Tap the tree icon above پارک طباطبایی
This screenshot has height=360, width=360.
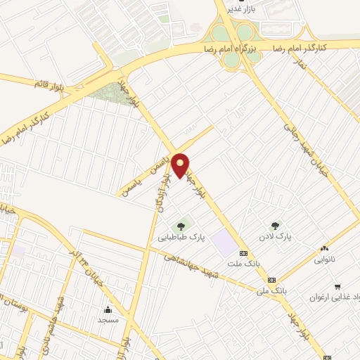pyautogui.click(x=182, y=226)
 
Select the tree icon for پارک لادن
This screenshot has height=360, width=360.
pyautogui.click(x=276, y=226)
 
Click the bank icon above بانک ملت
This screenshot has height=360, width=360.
pyautogui.click(x=244, y=253)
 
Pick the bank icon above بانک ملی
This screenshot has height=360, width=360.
pyautogui.click(x=271, y=280)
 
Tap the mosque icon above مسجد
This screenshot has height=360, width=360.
pyautogui.click(x=108, y=309)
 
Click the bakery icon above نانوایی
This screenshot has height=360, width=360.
pyautogui.click(x=324, y=247)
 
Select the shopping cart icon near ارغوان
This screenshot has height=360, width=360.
pyautogui.click(x=338, y=286)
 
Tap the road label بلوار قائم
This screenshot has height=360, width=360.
pyautogui.click(x=49, y=84)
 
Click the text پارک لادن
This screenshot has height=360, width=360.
pyautogui.click(x=278, y=238)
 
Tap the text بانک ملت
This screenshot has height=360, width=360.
pyautogui.click(x=239, y=264)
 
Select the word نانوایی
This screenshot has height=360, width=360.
pyautogui.click(x=325, y=259)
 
